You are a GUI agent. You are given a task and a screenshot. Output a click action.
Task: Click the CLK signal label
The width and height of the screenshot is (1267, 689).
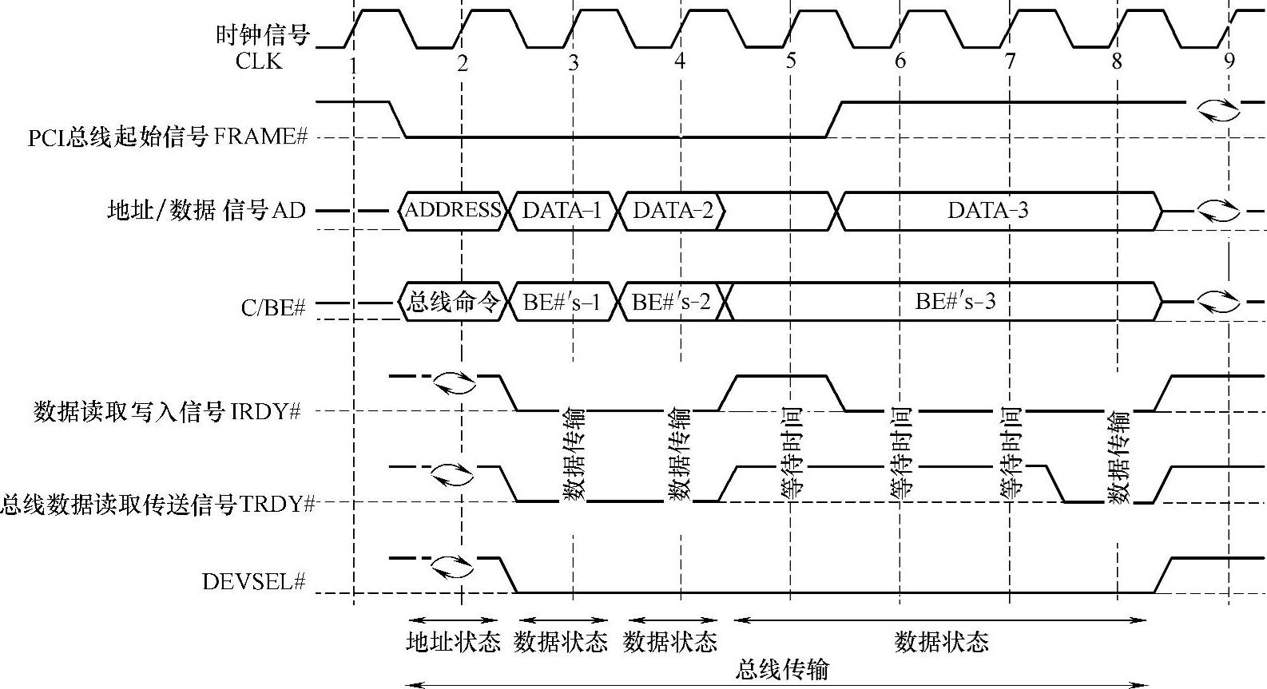[x=259, y=61]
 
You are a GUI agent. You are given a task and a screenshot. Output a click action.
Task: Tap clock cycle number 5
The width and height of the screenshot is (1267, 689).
[x=790, y=61]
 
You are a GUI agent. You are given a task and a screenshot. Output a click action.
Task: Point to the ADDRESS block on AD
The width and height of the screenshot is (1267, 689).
[x=453, y=210]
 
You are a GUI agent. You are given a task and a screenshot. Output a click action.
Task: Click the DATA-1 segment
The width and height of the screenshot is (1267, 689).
[x=562, y=210]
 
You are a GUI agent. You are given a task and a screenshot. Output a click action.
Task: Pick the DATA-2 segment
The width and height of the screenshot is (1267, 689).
[x=673, y=210]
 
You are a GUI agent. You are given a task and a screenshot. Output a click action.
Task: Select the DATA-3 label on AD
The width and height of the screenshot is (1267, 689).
[x=988, y=210]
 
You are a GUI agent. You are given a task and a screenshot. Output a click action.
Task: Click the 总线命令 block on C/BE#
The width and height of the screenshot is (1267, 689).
[x=453, y=302]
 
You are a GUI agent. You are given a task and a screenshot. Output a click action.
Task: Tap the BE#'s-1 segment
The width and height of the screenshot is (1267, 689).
[x=562, y=302]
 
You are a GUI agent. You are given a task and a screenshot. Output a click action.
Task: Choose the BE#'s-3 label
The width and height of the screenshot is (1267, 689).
[x=955, y=302]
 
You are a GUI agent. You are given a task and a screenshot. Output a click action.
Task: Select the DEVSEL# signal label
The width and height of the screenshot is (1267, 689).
[x=254, y=581]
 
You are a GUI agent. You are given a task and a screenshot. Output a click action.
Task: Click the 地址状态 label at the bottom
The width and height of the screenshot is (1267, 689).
[x=453, y=642]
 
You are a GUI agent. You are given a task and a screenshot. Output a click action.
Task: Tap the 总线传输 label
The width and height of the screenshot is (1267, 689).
[x=781, y=669]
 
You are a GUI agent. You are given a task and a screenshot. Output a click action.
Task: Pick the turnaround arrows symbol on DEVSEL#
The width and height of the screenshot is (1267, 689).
[x=452, y=567]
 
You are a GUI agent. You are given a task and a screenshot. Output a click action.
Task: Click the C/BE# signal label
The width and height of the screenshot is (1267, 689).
[x=273, y=307]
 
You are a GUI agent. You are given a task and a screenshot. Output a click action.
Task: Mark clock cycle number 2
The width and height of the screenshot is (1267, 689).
[x=462, y=62]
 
